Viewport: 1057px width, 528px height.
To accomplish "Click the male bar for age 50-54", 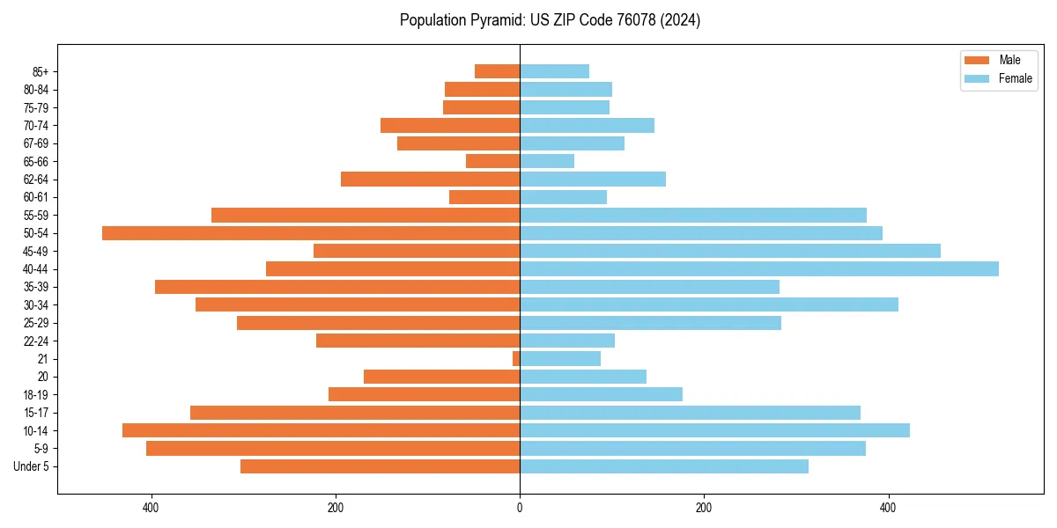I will [310, 233].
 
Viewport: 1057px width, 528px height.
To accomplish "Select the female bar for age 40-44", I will [758, 268].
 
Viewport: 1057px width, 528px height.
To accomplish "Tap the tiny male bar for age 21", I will [516, 359].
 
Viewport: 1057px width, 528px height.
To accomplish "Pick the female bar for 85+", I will [554, 71].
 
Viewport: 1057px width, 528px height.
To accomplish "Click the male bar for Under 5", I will [380, 466].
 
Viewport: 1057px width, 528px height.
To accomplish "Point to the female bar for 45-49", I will [729, 251].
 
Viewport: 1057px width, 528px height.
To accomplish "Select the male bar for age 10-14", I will [321, 430].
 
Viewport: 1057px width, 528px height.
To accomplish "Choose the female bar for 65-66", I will [547, 161].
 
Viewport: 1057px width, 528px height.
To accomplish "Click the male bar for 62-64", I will [430, 180].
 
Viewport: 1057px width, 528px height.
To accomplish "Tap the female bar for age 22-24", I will [566, 341].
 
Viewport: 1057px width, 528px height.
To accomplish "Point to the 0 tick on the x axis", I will [520, 508].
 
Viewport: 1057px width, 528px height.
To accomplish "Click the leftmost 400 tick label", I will [151, 508].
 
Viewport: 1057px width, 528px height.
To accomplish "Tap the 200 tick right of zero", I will [703, 508].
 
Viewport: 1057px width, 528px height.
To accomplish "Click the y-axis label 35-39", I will [36, 287].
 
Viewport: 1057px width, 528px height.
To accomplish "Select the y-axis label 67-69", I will [36, 143].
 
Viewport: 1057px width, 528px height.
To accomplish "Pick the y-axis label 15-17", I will [36, 413].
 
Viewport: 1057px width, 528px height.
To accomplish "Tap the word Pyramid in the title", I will [490, 20].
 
